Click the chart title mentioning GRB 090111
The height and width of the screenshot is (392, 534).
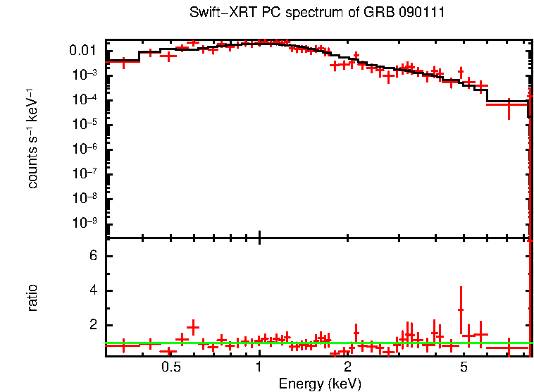coord(317,13)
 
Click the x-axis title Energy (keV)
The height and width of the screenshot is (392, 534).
coord(320,384)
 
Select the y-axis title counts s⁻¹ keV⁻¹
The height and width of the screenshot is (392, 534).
coord(32,138)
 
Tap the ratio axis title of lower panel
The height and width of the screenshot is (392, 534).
coord(32,298)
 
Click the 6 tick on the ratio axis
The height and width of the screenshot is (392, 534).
coord(92,256)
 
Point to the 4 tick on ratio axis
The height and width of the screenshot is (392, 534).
coord(92,290)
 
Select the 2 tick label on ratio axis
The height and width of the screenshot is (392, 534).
coord(92,325)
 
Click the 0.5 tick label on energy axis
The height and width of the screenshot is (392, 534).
coord(170,367)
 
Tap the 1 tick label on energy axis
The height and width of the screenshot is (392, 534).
coord(259,367)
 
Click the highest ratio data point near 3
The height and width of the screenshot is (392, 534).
coord(461,310)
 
